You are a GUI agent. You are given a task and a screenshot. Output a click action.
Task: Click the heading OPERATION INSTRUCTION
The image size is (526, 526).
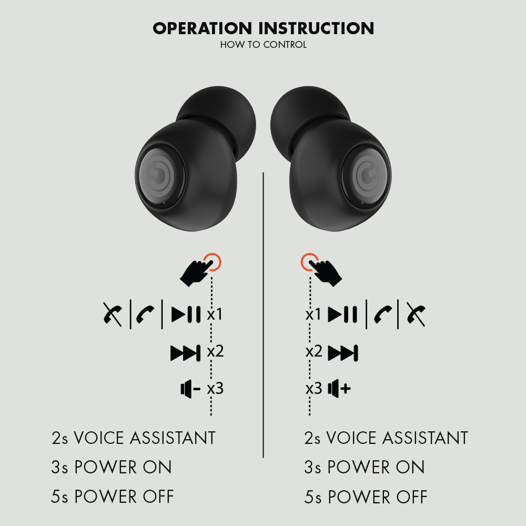[264, 28]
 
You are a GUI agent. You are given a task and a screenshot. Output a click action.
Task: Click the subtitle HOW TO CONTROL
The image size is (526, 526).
[264, 45]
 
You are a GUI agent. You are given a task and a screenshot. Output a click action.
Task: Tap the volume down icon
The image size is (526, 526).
[190, 389]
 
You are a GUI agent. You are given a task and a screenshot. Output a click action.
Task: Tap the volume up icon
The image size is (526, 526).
[339, 389]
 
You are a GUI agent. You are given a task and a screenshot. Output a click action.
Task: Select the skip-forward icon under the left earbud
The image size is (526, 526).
[186, 353]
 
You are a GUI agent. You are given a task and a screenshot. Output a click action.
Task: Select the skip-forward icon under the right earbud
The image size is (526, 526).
[343, 353]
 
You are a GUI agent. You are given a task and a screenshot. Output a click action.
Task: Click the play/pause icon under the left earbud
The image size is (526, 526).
[186, 315]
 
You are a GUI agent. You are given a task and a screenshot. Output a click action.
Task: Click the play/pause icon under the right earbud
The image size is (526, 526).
[342, 315]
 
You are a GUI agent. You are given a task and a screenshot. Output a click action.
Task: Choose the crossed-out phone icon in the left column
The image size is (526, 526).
[113, 315]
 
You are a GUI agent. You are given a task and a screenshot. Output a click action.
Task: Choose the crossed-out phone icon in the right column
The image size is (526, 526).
[416, 315]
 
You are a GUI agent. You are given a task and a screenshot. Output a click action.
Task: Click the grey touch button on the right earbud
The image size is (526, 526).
[366, 176]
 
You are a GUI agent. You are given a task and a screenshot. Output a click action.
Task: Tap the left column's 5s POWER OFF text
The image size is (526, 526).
[113, 497]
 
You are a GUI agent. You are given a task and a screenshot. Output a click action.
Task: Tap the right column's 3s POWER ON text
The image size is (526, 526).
[365, 467]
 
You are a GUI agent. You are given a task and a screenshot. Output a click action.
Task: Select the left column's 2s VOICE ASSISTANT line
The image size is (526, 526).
[133, 438]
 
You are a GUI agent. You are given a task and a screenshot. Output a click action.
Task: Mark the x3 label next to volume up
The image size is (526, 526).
[313, 389]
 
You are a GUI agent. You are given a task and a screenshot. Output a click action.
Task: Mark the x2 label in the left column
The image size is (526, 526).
[215, 351]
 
